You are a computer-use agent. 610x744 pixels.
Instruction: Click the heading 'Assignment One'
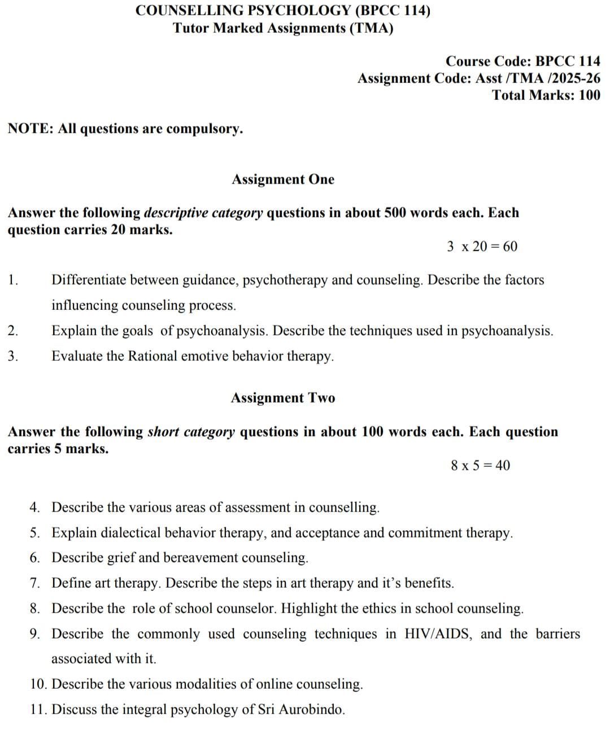point(282,180)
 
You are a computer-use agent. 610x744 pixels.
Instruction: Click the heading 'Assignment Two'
point(282,398)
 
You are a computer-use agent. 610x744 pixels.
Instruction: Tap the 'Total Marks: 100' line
point(546,95)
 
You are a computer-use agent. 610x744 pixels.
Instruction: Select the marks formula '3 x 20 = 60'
point(482,247)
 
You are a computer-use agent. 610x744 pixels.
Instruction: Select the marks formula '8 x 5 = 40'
point(480,466)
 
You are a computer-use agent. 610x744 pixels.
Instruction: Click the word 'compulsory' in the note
point(204,129)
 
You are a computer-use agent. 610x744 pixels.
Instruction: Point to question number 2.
point(12,331)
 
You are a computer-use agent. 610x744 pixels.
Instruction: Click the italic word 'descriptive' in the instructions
point(175,213)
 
